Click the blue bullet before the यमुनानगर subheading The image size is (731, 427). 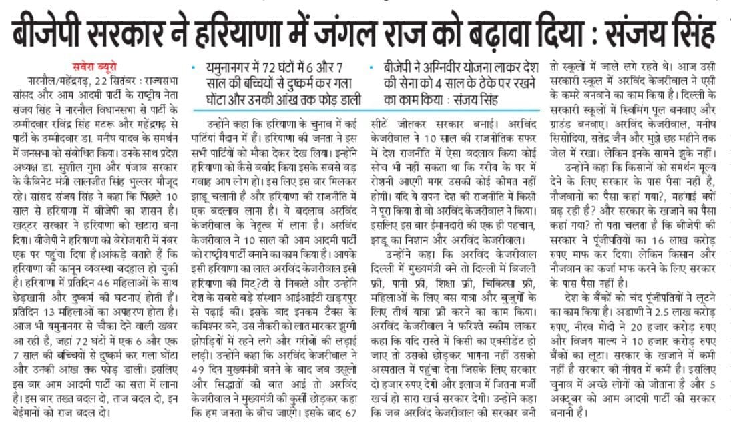click(x=194, y=68)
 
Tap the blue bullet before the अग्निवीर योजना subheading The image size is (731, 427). click(x=371, y=68)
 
